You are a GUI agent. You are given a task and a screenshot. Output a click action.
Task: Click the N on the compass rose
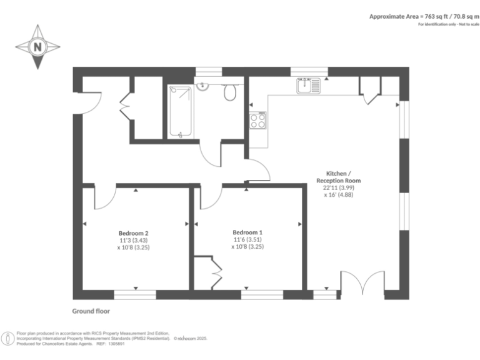(x=37, y=47)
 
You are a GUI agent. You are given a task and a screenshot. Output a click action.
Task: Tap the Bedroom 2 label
(x=133, y=232)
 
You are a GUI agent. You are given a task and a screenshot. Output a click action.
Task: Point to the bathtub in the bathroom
(x=181, y=112)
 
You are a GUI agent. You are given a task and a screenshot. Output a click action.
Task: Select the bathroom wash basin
(x=203, y=86)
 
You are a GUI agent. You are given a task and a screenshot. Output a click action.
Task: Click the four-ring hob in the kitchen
(x=257, y=120)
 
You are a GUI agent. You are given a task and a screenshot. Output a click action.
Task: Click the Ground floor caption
(x=91, y=311)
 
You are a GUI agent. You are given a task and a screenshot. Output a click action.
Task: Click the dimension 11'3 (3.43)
(x=133, y=240)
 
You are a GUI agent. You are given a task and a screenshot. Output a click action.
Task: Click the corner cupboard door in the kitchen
(x=369, y=91)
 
